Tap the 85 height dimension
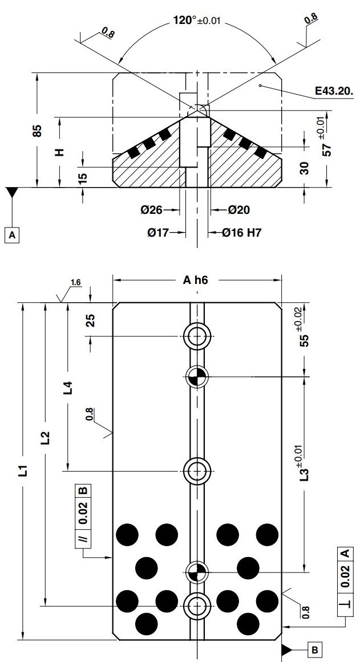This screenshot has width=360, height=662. [37, 131]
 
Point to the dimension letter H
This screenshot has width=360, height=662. [59, 152]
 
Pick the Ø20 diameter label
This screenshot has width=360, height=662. [238, 210]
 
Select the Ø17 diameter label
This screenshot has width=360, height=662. [159, 233]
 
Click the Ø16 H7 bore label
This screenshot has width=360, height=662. [242, 233]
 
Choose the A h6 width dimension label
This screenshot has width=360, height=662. [197, 280]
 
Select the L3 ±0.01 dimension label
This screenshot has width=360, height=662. [304, 462]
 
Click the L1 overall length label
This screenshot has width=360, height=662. [22, 471]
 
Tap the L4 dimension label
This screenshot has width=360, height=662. [67, 388]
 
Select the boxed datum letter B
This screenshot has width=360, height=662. [317, 649]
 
